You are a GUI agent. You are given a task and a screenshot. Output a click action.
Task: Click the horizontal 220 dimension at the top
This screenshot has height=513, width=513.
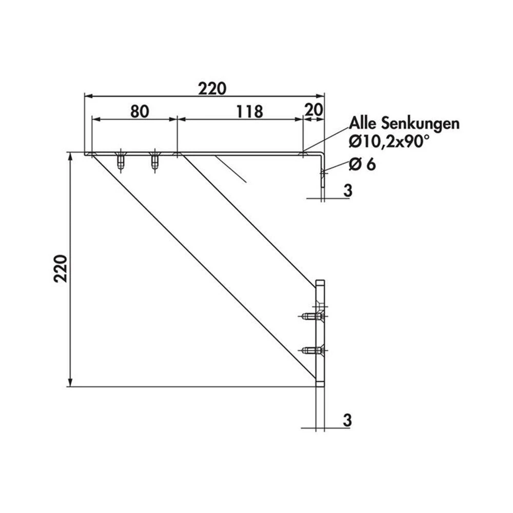[x=212, y=89]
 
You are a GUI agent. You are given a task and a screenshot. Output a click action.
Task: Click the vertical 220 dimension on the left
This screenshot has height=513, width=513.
[x=61, y=268]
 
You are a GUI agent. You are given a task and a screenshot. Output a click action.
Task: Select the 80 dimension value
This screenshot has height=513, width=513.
[x=140, y=111]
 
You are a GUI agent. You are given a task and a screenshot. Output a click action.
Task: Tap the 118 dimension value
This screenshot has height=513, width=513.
[x=249, y=111]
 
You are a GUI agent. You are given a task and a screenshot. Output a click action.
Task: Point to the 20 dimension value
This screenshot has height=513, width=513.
[x=313, y=110]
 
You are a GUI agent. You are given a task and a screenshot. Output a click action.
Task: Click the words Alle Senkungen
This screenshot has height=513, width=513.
[x=404, y=124]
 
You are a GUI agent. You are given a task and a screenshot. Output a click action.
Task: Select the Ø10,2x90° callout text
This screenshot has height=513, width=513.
[x=389, y=142]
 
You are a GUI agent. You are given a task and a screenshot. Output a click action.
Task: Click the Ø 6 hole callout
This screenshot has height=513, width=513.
[x=362, y=164]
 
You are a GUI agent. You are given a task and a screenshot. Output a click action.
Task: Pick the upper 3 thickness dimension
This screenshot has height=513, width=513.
[x=348, y=190]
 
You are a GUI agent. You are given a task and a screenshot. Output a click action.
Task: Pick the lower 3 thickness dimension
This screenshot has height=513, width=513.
[x=347, y=420]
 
